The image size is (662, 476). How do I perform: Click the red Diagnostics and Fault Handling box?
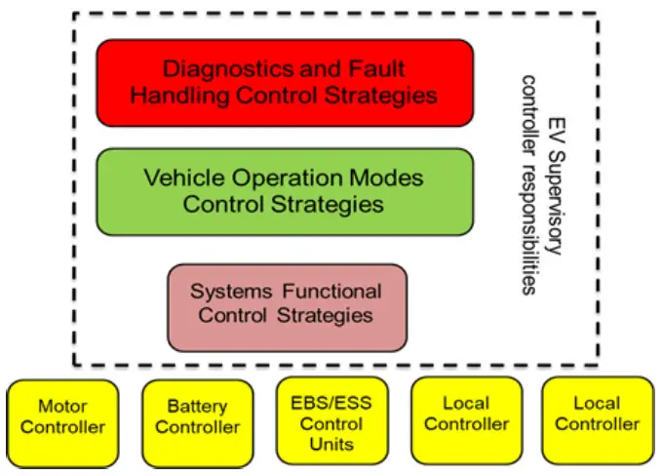(x=284, y=82)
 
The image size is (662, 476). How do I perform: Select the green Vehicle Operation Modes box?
(x=284, y=191)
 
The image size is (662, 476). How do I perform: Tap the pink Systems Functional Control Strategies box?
(x=286, y=302)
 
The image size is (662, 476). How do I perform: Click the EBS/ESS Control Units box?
(x=331, y=423)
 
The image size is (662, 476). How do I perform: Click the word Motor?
(x=62, y=406)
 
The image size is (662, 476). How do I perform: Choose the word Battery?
(x=197, y=407)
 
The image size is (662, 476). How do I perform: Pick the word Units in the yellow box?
(x=331, y=444)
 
